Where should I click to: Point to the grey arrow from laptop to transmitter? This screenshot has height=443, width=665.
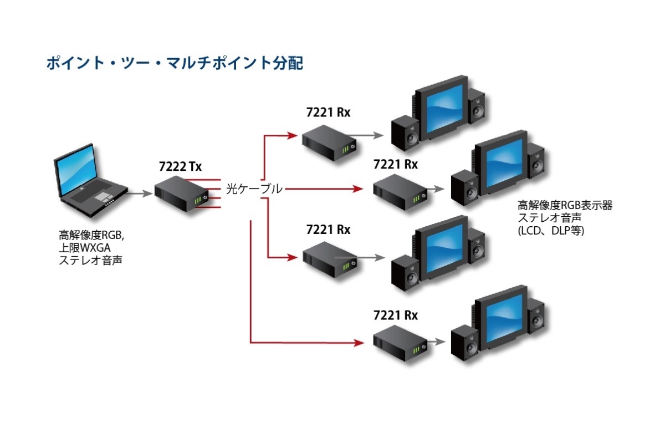(140, 194)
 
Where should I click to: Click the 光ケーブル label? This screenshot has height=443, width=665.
(254, 189)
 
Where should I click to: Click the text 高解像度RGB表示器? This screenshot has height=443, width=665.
(565, 206)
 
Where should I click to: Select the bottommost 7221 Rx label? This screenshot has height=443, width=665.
(395, 315)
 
